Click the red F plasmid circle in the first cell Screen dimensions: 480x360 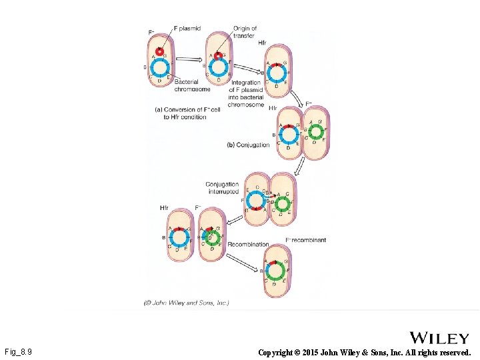(160, 51)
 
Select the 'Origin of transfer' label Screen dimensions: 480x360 (245, 32)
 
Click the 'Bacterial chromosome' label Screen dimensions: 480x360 (193, 85)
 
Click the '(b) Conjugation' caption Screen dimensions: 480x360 (248, 145)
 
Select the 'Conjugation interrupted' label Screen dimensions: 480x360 (223, 188)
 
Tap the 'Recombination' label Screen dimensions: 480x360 (249, 245)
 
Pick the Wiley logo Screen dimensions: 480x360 (439, 338)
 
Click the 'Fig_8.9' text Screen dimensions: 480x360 (19, 351)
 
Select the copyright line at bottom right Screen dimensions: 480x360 (364, 351)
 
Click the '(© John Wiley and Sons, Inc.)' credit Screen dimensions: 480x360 (187, 303)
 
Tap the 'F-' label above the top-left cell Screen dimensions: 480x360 (151, 33)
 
